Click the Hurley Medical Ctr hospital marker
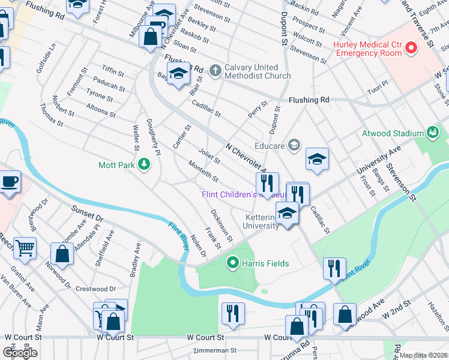pyautogui.click(x=411, y=48)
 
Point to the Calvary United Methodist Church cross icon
pyautogui.click(x=215, y=71)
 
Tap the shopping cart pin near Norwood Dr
pyautogui.click(x=25, y=248)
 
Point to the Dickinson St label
pyautogui.click(x=221, y=225)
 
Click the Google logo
pyautogui.click(x=20, y=352)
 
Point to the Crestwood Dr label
pyautogui.click(x=95, y=289)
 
